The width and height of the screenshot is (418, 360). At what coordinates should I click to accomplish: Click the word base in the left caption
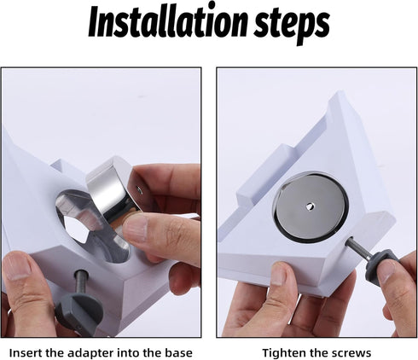pos(178,353)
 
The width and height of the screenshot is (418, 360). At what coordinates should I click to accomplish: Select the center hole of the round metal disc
pos(310,206)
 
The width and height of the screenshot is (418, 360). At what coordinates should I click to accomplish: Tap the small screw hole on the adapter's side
pos(139,189)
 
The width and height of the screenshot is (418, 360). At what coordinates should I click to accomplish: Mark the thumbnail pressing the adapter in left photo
pos(135,228)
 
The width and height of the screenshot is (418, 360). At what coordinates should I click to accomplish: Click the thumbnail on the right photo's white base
pos(280,273)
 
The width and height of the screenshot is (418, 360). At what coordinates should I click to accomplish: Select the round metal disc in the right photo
pos(310,207)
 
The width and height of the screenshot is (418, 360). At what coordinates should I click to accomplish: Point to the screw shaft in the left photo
pos(82,282)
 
